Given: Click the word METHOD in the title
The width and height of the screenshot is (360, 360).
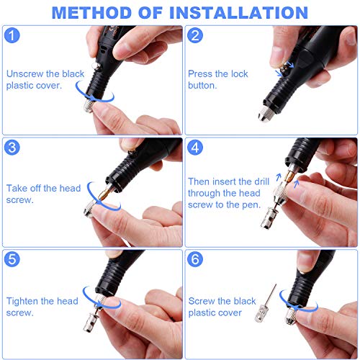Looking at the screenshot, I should pos(94,12).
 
